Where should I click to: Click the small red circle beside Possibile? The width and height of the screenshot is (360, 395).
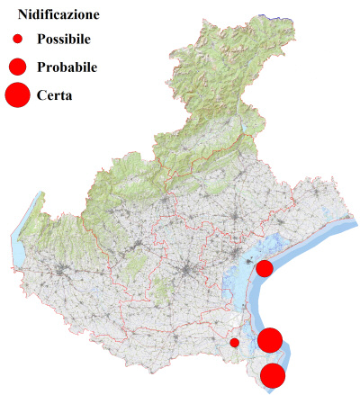(17, 40)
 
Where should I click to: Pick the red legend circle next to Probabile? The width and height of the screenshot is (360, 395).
(17, 67)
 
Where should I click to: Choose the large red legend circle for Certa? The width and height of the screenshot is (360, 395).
(17, 94)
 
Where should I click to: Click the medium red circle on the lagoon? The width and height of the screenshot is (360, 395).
(265, 268)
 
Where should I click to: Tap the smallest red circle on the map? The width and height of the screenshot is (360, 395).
(234, 342)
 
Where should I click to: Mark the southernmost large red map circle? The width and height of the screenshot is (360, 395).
(273, 375)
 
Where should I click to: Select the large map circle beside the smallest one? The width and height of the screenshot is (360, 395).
(270, 340)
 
